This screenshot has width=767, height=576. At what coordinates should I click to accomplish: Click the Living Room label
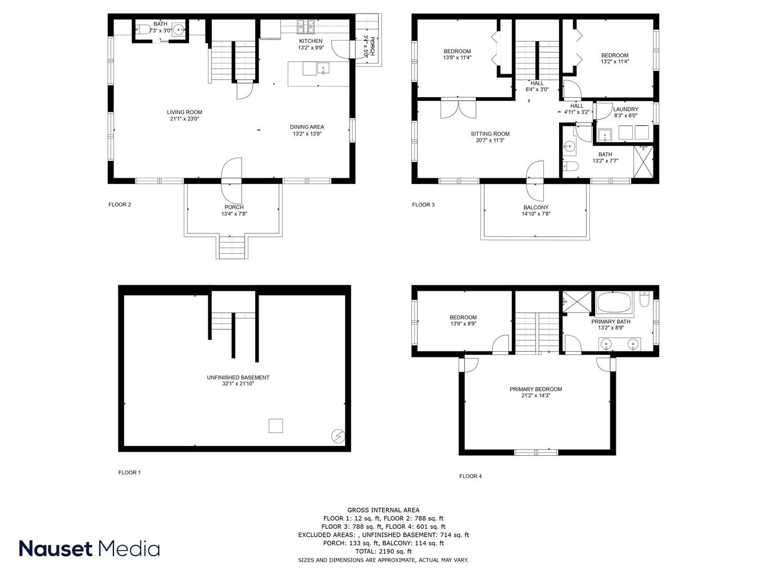tap(184, 112)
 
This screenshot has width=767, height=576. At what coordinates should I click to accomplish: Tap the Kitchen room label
tap(310, 41)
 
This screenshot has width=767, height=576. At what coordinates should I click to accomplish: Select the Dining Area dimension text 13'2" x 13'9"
tap(307, 134)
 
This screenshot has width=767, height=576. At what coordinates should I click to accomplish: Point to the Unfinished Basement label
tap(238, 377)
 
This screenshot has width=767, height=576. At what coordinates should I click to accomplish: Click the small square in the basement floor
tap(275, 426)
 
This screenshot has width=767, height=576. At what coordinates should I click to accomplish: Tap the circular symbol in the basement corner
tap(338, 436)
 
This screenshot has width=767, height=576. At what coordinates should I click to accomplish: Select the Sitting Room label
tap(490, 134)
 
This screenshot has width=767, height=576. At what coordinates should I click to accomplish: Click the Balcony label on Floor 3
tap(535, 207)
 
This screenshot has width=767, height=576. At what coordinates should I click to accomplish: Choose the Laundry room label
tap(625, 109)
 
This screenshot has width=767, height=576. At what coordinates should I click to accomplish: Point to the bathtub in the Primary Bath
tap(615, 304)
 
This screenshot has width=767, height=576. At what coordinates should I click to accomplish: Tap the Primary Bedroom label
tap(535, 389)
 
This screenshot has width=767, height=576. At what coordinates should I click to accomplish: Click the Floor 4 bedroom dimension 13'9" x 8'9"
tap(463, 324)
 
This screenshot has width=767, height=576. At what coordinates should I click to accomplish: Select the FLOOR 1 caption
tap(129, 472)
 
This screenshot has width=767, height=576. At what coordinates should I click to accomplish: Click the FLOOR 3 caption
tap(423, 205)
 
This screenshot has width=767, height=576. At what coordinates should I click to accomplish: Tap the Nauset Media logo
tap(89, 548)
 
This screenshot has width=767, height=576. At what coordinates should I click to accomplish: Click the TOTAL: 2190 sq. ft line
tap(383, 552)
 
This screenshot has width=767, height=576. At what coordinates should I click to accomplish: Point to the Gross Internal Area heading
tap(383, 510)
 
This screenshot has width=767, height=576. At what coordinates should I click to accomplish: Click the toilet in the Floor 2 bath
tap(144, 30)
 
